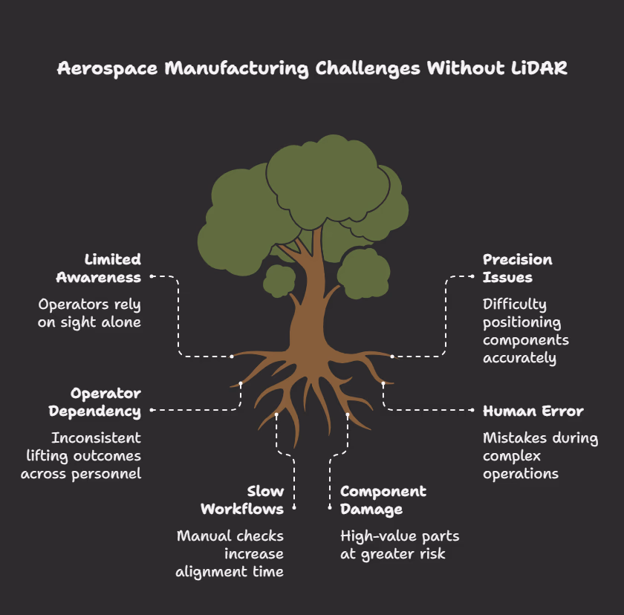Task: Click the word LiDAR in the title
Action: click(x=539, y=68)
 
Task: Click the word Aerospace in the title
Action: click(x=108, y=69)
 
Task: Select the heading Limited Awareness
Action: click(x=99, y=268)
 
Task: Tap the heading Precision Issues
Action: click(x=517, y=268)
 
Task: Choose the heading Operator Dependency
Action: click(x=95, y=402)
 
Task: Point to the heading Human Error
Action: click(x=533, y=411)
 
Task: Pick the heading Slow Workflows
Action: click(x=242, y=500)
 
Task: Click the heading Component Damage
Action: click(x=383, y=500)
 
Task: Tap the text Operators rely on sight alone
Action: click(x=90, y=313)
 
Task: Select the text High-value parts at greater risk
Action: click(x=400, y=545)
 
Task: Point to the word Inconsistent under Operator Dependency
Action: click(x=97, y=438)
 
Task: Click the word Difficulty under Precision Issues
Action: click(x=515, y=305)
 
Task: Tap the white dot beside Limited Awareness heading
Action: click(x=152, y=276)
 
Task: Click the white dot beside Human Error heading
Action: click(x=472, y=410)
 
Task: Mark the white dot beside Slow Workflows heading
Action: click(x=294, y=507)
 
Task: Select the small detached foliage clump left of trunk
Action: click(x=279, y=281)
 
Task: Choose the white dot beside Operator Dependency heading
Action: click(x=152, y=410)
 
